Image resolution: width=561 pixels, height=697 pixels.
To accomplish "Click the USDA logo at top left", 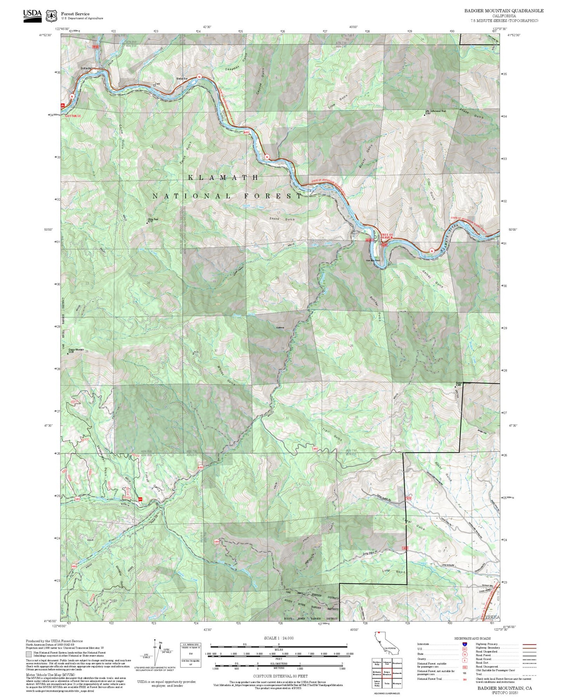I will pyautogui.click(x=32, y=15).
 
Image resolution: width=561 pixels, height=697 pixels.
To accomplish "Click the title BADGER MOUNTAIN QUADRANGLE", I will pyautogui.click(x=504, y=11).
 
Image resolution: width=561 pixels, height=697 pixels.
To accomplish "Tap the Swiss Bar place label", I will pyautogui.click(x=182, y=79).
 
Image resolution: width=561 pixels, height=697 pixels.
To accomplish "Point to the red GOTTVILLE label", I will pyautogui.click(x=73, y=116).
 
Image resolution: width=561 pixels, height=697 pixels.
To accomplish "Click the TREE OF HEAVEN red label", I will pyautogui.click(x=387, y=236).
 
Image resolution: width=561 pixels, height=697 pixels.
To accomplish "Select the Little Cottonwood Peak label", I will pyautogui.click(x=436, y=111).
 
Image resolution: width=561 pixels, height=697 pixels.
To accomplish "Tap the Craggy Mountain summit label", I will pyautogui.click(x=76, y=350).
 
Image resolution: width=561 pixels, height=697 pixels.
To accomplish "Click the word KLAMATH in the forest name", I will pyautogui.click(x=223, y=178).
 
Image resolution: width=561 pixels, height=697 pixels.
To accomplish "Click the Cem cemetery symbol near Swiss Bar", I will pyautogui.click(x=156, y=84).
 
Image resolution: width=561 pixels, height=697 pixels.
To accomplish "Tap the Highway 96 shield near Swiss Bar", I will pyautogui.click(x=199, y=76).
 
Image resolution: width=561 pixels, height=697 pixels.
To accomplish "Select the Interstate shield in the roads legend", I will pyautogui.click(x=464, y=644).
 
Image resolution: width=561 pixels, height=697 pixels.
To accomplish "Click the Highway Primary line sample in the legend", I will pyautogui.click(x=529, y=644).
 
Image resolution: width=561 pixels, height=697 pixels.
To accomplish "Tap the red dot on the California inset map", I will pyautogui.click(x=377, y=634).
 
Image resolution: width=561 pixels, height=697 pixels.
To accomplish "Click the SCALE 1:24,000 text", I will pyautogui.click(x=278, y=638).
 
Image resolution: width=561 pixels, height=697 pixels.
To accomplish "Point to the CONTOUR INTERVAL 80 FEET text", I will pyautogui.click(x=280, y=676).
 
